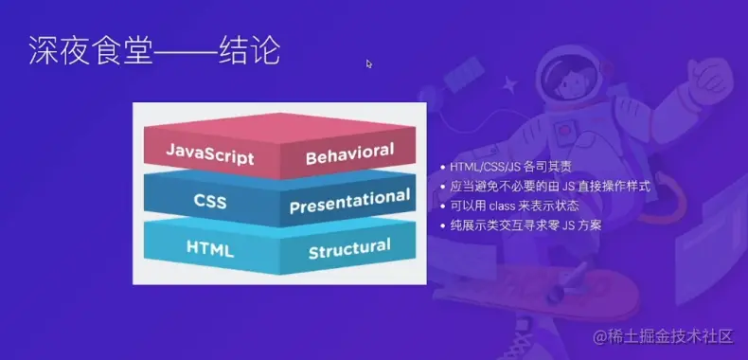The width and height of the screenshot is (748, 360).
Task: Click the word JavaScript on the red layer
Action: [209, 152]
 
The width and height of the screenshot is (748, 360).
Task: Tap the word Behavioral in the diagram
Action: [349, 153]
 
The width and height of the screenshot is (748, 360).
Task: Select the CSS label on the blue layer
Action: [210, 201]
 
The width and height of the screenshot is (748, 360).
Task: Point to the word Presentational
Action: [350, 201]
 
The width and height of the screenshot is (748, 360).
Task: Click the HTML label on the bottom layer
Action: [210, 249]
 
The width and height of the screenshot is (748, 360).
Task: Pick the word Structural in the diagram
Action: [349, 248]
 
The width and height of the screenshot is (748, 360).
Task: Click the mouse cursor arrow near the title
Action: [369, 63]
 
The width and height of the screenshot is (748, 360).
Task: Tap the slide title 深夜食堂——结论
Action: [153, 50]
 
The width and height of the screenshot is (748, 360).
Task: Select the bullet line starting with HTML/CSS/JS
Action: [511, 168]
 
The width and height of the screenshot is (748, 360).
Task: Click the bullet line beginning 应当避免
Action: [549, 187]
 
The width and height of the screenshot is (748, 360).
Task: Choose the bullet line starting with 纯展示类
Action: [525, 225]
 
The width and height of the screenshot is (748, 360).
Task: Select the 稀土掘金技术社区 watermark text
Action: [672, 336]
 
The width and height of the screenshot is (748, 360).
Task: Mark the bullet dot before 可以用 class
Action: [443, 207]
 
